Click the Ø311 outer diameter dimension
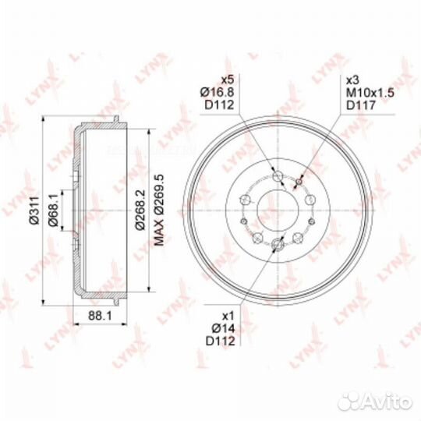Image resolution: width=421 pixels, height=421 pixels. [34, 210]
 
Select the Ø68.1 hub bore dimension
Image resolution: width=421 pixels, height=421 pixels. [53, 210]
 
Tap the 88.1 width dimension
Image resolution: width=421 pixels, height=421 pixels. [100, 316]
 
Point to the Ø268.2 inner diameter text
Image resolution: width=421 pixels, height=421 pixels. [140, 210]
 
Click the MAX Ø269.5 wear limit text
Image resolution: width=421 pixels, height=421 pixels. [159, 210]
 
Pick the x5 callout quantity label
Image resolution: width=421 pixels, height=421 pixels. [227, 80]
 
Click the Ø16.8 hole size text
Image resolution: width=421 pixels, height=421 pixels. [218, 92]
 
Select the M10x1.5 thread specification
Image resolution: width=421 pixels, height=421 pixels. [370, 93]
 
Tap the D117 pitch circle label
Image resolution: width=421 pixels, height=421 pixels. [361, 105]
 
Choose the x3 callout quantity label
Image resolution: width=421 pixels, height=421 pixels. [353, 80]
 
